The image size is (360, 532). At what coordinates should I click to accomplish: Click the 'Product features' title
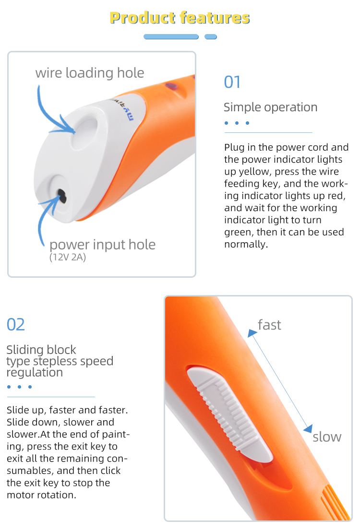[180, 18]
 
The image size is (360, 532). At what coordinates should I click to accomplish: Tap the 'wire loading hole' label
[90, 73]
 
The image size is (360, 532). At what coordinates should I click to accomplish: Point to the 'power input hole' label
[102, 245]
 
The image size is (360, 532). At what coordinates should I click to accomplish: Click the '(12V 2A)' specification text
[68, 257]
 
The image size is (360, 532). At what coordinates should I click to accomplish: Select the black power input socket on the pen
[62, 196]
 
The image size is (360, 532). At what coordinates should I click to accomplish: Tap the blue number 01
[232, 82]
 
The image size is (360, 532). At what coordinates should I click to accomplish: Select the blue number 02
[16, 325]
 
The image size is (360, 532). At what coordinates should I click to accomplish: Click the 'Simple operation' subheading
[270, 107]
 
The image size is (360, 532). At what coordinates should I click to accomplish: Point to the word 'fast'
[269, 325]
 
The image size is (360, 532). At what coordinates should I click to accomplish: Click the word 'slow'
[327, 437]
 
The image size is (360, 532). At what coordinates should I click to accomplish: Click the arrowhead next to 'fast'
[252, 333]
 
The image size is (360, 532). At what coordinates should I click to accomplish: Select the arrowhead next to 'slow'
[308, 429]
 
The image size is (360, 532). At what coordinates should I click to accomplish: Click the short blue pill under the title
[211, 36]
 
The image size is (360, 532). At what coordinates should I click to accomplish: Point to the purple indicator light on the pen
[172, 86]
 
